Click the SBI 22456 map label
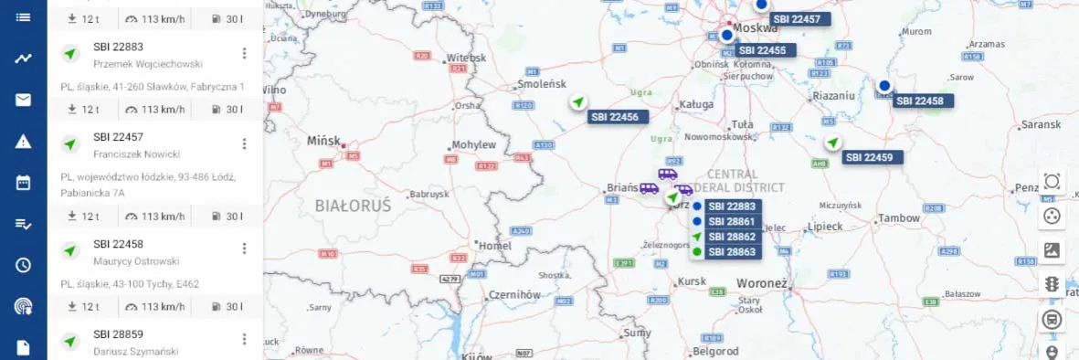point(617,117)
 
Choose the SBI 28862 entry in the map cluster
point(731,237)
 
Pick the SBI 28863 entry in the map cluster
point(731,251)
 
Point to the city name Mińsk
point(323,142)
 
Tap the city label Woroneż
point(761,283)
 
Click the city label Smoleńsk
point(543,84)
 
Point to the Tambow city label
point(898,218)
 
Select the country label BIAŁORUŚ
point(353,206)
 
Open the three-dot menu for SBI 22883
point(244,54)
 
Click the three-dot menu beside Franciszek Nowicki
point(244,144)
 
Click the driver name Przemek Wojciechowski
point(147,64)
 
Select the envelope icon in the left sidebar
point(23,100)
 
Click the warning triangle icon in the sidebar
point(23,141)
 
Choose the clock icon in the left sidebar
point(23,265)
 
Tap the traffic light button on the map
point(1052,284)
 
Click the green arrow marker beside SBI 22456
point(577,102)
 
